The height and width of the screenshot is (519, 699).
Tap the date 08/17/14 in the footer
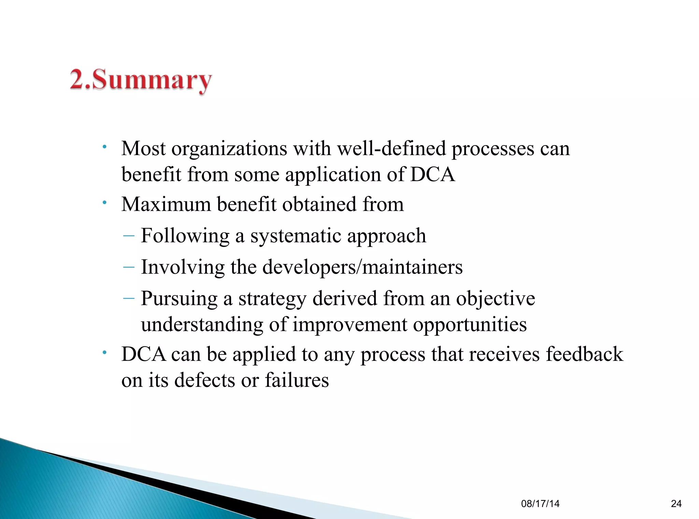[540, 504]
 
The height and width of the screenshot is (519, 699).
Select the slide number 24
[676, 504]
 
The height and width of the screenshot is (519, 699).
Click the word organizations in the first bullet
[229, 149]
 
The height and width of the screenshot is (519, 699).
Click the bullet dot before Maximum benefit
[105, 203]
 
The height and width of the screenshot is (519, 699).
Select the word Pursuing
[179, 299]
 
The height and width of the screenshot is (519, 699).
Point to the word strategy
[272, 299]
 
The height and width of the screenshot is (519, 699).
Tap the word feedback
[584, 354]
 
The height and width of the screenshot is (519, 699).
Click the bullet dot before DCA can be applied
[105, 352]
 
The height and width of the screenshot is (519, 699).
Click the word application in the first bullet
[333, 175]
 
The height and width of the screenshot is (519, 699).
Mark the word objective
[496, 299]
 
